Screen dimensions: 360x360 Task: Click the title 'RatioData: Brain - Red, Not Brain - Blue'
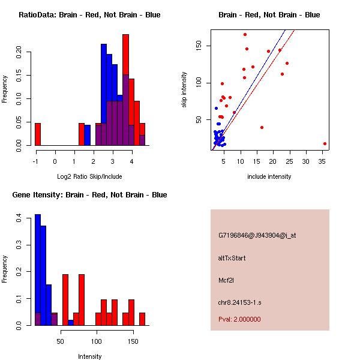(x=89, y=15)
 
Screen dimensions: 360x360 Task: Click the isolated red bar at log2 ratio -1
(x=38, y=134)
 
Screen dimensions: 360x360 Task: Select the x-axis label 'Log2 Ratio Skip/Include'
(x=89, y=176)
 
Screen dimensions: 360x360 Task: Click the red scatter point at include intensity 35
(x=325, y=144)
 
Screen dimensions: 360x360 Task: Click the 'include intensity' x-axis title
(x=269, y=176)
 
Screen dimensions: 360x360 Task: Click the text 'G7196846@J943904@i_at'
(x=257, y=235)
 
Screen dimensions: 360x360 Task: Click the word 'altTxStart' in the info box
(x=232, y=258)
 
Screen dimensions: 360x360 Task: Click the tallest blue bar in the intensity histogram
(x=38, y=270)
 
